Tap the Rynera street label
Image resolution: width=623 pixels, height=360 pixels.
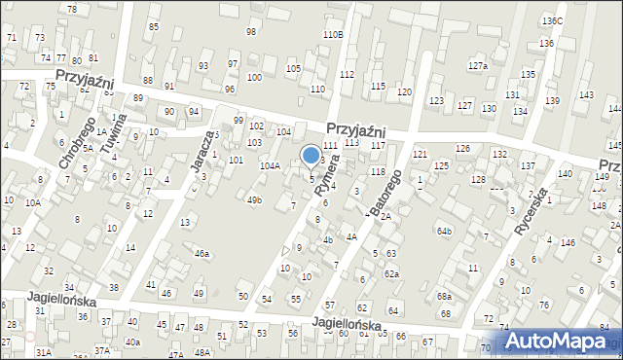(332, 177)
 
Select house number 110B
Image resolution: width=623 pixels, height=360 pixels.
(333, 34)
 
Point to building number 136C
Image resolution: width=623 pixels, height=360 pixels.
(552, 21)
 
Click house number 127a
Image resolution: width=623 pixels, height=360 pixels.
(477, 66)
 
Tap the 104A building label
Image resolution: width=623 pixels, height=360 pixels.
(270, 166)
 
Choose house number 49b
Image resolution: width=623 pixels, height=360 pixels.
(254, 200)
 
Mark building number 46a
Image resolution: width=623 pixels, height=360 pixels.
(202, 253)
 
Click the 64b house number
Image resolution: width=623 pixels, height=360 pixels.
(445, 231)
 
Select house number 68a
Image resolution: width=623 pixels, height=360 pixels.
(444, 296)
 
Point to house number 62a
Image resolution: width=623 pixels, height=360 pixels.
(391, 273)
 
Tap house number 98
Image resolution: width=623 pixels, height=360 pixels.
(251, 32)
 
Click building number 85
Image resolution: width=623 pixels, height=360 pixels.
(154, 26)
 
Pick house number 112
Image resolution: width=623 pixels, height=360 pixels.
(347, 75)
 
